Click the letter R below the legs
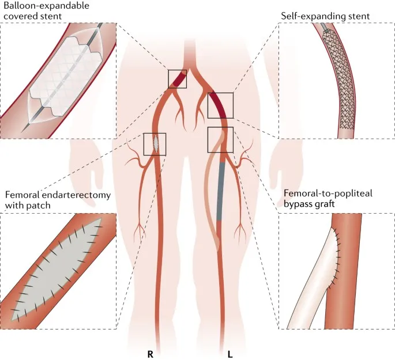(x=150, y=353)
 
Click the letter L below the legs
(x=230, y=353)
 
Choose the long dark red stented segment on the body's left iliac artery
(x=219, y=104)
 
